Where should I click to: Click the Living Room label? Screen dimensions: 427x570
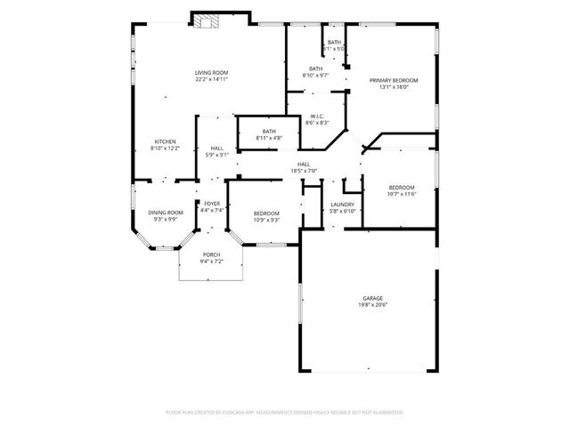point(212,72)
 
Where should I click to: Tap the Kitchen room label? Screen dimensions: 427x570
point(166,141)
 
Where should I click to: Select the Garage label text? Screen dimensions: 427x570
point(372,298)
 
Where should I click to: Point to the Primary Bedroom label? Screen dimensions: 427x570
point(393,80)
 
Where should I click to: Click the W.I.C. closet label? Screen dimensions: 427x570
point(317,116)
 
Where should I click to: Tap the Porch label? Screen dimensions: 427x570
point(211,254)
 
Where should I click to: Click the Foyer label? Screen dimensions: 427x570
point(212,204)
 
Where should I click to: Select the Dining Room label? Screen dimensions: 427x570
point(166,213)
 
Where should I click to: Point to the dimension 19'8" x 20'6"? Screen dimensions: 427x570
point(372,305)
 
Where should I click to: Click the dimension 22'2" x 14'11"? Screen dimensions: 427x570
point(212,79)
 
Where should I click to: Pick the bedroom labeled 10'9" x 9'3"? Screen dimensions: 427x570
point(266,216)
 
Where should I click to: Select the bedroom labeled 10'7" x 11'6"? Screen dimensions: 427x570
point(401,190)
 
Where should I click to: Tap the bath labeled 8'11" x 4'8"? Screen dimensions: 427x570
point(269,135)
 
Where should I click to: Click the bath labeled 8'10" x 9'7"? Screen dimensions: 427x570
point(316,72)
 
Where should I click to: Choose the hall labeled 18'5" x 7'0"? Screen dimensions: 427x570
point(304,167)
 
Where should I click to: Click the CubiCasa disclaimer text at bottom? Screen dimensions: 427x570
point(285,412)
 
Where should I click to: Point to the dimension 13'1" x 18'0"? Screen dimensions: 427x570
point(393,87)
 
